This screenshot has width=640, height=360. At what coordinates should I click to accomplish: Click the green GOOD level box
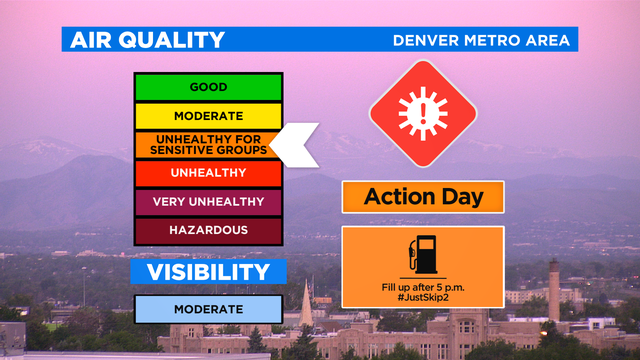[x=209, y=87]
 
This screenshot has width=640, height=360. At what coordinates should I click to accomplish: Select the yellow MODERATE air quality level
[x=209, y=116]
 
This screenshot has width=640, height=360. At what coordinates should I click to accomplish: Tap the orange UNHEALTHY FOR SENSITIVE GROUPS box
[x=209, y=144]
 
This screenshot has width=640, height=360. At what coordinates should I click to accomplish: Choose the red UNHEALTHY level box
[x=209, y=173]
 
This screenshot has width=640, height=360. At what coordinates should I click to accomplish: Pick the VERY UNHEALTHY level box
[x=209, y=202]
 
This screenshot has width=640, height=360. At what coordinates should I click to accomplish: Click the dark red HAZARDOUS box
[x=209, y=230]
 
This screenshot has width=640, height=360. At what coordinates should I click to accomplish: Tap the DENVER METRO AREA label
[x=482, y=41]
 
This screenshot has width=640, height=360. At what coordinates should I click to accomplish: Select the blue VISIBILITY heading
[x=209, y=271]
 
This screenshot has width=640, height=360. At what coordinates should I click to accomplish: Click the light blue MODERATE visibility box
[x=209, y=309]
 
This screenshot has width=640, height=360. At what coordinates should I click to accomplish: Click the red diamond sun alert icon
[x=422, y=113]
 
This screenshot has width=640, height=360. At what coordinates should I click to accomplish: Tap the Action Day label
[x=422, y=197]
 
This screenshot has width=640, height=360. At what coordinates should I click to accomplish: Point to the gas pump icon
[x=422, y=254]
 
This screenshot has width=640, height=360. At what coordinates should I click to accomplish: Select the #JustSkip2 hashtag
[x=422, y=297]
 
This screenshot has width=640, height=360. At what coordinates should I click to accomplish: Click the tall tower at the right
[x=553, y=290]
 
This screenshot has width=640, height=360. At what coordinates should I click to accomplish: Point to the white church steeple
[x=306, y=305]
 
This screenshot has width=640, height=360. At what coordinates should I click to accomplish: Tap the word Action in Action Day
[x=399, y=197]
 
